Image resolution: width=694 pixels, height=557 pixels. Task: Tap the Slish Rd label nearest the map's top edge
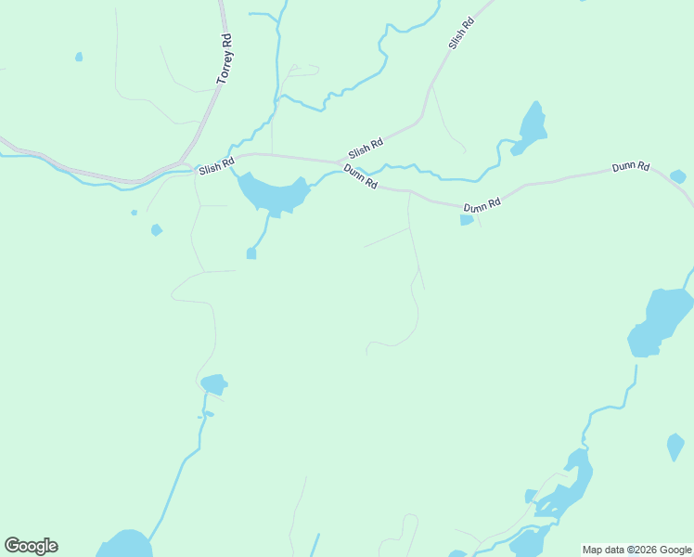coord(461,34)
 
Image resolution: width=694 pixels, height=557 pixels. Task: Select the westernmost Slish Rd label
coord(216,164)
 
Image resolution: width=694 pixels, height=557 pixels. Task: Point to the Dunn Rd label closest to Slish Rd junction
coord(360,176)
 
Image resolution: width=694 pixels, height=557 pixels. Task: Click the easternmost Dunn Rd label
coord(631,168)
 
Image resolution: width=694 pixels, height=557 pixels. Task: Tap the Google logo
coord(31,546)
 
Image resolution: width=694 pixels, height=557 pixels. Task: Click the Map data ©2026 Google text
coord(637,550)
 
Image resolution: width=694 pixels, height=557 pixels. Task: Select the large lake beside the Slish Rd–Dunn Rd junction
coord(273,193)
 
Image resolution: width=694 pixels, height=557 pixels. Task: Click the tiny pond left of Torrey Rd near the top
coord(79,57)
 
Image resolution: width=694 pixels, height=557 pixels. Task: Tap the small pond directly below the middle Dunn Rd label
coord(467,220)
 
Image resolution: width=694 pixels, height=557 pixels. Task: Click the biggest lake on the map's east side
coord(661,320)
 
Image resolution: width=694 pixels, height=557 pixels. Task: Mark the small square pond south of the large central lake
coord(251,253)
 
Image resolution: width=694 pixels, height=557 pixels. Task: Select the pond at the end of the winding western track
coord(213,383)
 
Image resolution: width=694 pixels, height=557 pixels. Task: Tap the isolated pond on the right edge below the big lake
coord(675,447)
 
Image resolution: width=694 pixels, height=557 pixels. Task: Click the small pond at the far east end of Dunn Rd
coord(678,176)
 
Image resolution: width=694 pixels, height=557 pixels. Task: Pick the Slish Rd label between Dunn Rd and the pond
coord(366,149)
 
